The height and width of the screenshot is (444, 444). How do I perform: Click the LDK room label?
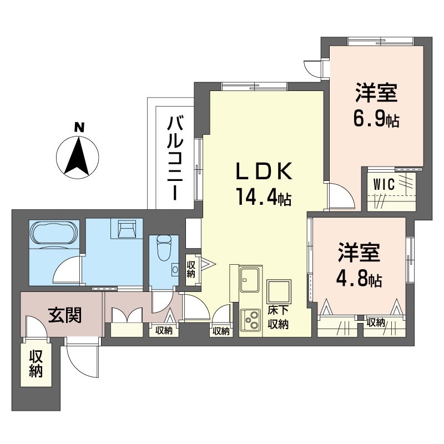tap(264, 171)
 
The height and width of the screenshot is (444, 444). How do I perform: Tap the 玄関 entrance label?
tap(65, 315)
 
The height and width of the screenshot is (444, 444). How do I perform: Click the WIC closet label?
tap(384, 185)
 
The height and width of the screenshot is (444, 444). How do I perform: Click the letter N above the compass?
tap(79, 127)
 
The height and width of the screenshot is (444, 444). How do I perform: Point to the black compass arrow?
tap(78, 155)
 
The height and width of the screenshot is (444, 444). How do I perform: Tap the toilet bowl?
tap(164, 248)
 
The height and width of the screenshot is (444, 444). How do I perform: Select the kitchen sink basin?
tap(249, 280)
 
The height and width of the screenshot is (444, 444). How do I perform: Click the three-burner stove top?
tap(250, 320)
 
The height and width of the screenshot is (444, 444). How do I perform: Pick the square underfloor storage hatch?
tap(279, 291)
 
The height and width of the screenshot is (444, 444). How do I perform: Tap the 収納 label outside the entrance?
tap(36, 364)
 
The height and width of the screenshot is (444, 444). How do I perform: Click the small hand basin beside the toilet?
tap(175, 269)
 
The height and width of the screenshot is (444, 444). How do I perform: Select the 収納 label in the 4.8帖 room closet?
tap(376, 322)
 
